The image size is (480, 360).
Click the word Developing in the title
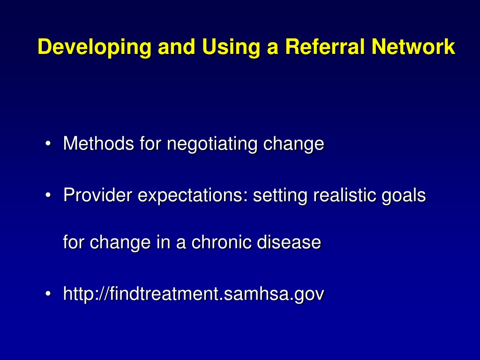click(x=95, y=47)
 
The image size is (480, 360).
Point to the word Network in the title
click(x=413, y=46)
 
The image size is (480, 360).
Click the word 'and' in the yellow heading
click(x=177, y=46)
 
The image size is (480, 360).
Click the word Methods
click(x=98, y=143)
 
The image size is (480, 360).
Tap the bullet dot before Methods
click(x=48, y=143)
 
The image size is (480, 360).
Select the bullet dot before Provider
click(x=48, y=195)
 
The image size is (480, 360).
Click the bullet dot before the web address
click(x=48, y=294)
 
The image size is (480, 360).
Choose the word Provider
click(x=97, y=195)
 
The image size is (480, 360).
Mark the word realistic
click(x=345, y=195)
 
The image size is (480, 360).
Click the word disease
click(x=289, y=242)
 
